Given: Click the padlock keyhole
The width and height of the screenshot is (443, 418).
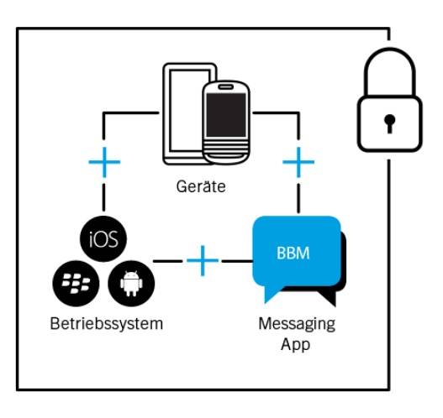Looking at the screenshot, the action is click(x=389, y=124).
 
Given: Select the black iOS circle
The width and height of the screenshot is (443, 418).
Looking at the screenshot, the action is click(x=103, y=239).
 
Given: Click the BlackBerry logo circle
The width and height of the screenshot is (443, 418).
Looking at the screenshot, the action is click(x=76, y=284).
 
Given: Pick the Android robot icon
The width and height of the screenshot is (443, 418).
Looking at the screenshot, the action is click(x=131, y=284).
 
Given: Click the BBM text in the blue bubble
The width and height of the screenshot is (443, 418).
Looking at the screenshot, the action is click(x=293, y=253).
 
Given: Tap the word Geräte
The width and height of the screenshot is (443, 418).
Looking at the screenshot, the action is click(x=201, y=186).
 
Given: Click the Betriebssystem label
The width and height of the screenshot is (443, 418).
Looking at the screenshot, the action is click(x=107, y=323).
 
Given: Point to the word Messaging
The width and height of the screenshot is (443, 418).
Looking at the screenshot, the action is click(x=297, y=324).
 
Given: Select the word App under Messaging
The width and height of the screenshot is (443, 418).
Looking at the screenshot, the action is click(x=296, y=344).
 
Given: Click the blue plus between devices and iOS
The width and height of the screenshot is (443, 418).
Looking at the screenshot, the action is click(x=104, y=162).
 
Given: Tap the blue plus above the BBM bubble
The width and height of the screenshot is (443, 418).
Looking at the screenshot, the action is click(x=298, y=162).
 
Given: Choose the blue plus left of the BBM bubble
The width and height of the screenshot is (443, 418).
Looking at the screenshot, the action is click(x=203, y=260).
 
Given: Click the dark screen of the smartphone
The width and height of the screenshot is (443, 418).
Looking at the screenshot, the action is click(x=226, y=115).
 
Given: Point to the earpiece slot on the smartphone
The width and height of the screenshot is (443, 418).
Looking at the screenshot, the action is click(x=225, y=86).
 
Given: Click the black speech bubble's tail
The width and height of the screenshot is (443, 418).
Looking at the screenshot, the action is click(x=328, y=299).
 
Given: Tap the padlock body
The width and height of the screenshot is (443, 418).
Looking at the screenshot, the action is click(x=390, y=124).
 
